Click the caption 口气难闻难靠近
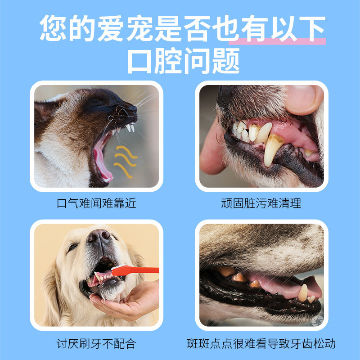click(x=97, y=203)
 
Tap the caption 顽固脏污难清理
click(x=261, y=203)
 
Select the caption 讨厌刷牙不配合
click(x=96, y=344)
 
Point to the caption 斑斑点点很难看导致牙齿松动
click(x=261, y=344)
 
